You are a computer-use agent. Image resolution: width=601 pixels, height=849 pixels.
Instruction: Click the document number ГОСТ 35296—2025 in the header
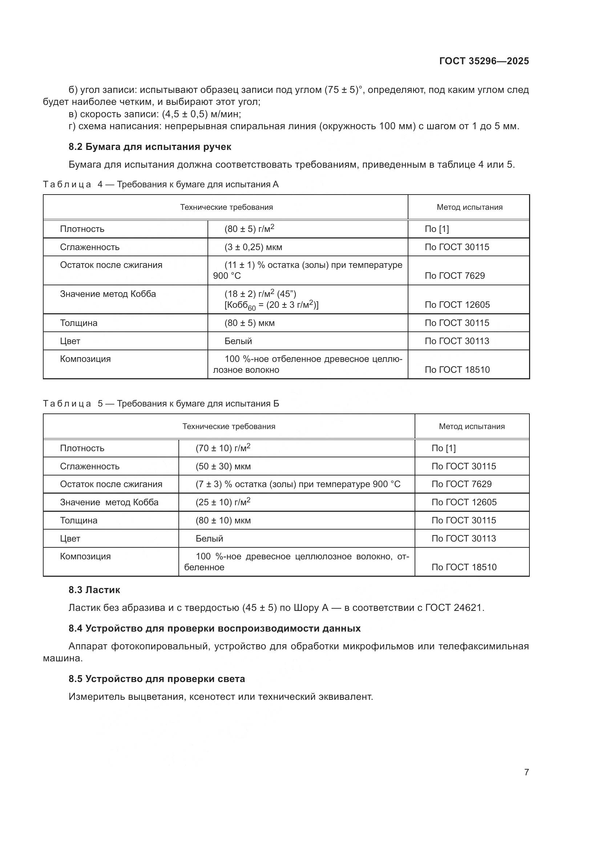click(x=484, y=61)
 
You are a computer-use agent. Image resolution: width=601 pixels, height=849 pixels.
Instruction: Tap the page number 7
click(x=526, y=772)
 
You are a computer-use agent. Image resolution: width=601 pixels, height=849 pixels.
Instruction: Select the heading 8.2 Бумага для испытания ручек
click(x=149, y=147)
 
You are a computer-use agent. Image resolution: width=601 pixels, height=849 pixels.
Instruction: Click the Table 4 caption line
click(x=161, y=184)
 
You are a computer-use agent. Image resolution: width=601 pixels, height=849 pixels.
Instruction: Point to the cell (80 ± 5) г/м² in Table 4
click(x=249, y=229)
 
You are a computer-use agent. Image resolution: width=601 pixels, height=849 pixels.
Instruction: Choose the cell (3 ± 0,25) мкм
click(x=253, y=247)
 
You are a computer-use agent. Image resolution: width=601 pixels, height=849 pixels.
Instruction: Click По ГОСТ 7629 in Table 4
click(x=455, y=275)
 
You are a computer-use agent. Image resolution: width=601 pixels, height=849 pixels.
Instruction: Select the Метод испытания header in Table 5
click(x=472, y=426)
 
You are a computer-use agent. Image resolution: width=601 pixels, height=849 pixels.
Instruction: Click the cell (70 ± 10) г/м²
click(x=223, y=448)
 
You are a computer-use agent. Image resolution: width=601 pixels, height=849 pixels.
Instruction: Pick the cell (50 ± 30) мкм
click(x=223, y=466)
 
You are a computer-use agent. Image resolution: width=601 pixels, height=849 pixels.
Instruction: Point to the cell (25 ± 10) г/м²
click(x=223, y=502)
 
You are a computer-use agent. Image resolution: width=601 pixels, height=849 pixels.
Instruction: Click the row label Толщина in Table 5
click(x=78, y=520)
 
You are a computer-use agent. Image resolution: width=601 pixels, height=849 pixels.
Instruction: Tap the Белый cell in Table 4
click(x=238, y=341)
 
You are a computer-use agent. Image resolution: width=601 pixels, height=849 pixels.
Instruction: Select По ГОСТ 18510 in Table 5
click(x=464, y=567)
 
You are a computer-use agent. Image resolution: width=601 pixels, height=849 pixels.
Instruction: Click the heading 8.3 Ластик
click(x=94, y=590)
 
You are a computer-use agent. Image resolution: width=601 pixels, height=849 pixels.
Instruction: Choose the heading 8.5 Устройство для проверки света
click(x=157, y=679)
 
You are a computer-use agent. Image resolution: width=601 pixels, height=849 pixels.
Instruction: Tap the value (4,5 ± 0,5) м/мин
click(x=201, y=114)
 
